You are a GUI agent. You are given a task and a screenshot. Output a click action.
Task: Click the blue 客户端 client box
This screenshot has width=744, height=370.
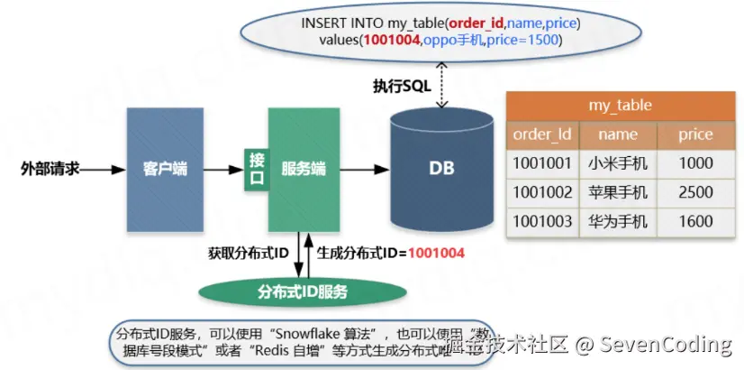[x=165, y=169]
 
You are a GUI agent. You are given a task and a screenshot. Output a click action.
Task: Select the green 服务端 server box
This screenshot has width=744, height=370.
[x=304, y=169]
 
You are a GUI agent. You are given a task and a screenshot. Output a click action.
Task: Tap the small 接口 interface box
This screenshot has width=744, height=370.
[x=257, y=169]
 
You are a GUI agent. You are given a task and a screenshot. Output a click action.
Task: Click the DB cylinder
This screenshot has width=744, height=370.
[x=441, y=169]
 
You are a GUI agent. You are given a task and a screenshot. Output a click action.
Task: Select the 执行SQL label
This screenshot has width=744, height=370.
[x=402, y=86]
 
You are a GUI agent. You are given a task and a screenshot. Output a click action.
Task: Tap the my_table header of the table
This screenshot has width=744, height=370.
[x=621, y=105]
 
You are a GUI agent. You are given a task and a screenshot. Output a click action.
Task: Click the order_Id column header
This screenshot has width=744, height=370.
[x=542, y=134]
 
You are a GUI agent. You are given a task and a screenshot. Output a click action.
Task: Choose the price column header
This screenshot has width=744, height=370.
[x=695, y=134]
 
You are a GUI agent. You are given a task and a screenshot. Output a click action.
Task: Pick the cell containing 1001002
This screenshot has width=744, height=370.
[x=542, y=192]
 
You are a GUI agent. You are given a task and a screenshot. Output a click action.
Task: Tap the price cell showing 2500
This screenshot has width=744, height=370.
[x=695, y=192]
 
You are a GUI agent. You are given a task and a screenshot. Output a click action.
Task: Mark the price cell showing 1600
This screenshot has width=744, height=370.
[x=695, y=221]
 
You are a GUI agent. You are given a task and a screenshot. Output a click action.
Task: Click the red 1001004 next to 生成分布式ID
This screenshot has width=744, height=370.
[x=436, y=253]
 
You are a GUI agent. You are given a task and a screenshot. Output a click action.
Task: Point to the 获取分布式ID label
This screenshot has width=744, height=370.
[x=248, y=253]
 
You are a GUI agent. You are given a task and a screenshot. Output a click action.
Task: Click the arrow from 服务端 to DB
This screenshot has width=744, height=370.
[x=365, y=169]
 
